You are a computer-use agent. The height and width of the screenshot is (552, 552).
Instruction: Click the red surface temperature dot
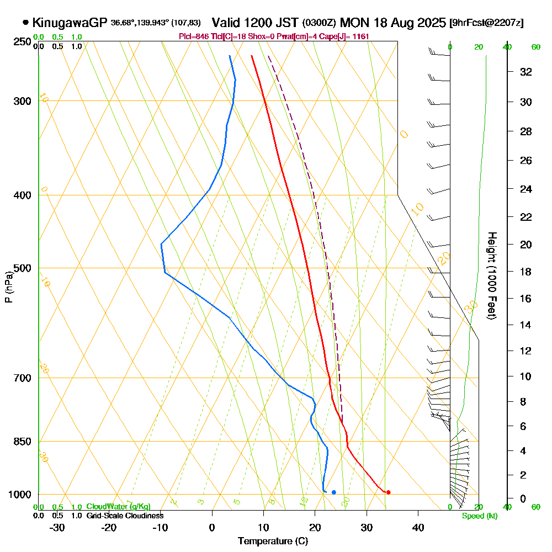388,492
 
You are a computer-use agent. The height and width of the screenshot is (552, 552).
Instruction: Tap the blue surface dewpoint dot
333,492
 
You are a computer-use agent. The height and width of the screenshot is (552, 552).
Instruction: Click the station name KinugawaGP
69,23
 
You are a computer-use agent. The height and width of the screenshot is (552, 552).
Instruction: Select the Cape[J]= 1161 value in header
349,36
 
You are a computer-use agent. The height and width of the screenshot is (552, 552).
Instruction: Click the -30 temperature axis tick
57,527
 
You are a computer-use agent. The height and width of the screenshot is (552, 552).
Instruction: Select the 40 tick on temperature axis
418,527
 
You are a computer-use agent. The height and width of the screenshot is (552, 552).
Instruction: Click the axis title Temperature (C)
273,541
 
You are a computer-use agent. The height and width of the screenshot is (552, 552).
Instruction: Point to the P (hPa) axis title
9,287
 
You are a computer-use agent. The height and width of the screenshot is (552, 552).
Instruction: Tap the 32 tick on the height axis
526,72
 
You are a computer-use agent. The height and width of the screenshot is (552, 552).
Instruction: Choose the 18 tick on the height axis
526,272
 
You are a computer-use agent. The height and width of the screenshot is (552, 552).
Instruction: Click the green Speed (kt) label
479,516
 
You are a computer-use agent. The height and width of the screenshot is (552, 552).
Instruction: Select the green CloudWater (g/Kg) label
118,507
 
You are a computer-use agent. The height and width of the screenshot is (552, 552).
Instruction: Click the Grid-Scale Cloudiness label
124,516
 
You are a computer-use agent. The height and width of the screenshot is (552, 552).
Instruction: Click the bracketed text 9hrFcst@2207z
486,23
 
